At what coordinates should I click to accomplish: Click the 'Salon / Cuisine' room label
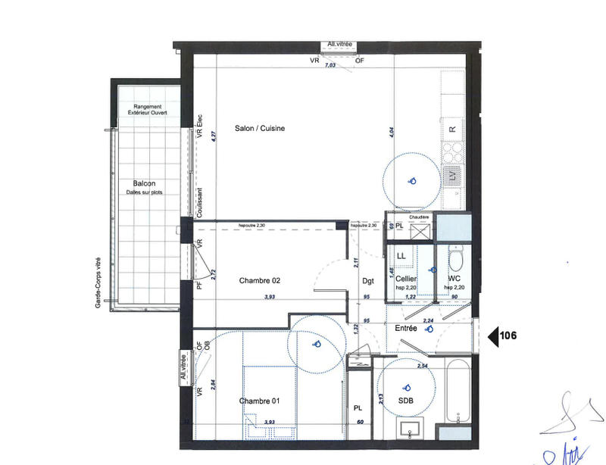point(259,129)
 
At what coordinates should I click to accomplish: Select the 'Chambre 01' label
point(260,401)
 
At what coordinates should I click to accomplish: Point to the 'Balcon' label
point(144,184)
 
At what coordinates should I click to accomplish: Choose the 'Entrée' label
point(406,328)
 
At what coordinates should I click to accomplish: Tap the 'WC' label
point(454,279)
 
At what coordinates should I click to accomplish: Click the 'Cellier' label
point(406,279)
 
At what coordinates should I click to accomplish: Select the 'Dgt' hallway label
point(368,281)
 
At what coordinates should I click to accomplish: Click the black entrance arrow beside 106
point(493,336)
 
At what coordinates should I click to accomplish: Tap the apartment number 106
point(509,336)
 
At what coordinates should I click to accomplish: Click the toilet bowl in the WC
point(455,260)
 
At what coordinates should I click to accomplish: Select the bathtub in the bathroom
point(457,395)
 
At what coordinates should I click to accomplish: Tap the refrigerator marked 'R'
point(452,129)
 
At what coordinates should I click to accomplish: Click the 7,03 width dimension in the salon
point(330,67)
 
